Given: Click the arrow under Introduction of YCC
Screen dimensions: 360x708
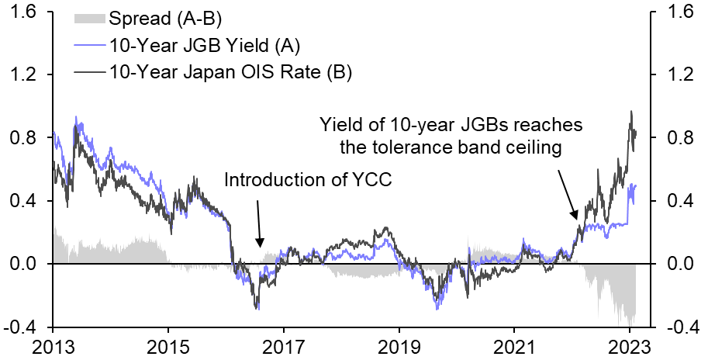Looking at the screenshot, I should click(258, 225).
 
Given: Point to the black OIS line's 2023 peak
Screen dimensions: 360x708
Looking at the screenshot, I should click(631, 112).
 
